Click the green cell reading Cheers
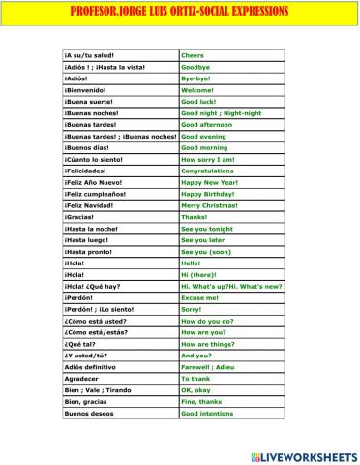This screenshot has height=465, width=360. pos(194,55)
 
